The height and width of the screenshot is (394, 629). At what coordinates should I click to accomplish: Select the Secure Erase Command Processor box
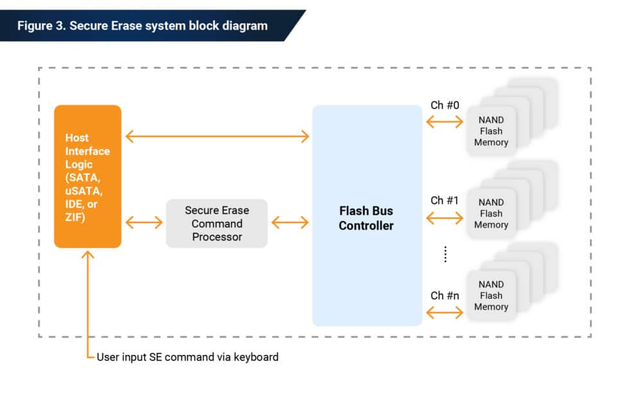pos(217,224)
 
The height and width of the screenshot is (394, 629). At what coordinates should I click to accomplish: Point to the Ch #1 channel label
pos(445,201)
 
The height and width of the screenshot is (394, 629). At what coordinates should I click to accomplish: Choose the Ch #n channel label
pos(445,296)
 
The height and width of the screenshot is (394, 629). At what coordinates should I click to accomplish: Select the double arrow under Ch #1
pos(444,219)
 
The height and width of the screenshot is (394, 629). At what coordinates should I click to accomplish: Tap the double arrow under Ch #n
pos(444,313)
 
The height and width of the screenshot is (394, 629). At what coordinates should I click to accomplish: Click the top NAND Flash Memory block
pos(491,131)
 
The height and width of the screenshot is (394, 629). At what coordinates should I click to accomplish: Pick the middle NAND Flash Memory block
pos(491,213)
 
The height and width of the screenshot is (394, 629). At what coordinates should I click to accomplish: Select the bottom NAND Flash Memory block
pos(491,296)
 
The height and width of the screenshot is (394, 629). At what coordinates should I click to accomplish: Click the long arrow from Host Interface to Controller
pos(217,136)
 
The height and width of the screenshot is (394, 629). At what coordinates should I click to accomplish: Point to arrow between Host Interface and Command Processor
pos(144,223)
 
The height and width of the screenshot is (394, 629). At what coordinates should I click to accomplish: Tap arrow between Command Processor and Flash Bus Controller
pos(290,223)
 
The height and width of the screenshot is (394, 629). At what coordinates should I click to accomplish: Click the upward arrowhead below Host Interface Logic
pos(88,255)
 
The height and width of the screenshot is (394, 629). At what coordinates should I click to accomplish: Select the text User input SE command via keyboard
pos(187,357)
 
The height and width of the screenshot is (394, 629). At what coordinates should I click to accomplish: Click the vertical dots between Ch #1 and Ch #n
pos(445,255)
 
